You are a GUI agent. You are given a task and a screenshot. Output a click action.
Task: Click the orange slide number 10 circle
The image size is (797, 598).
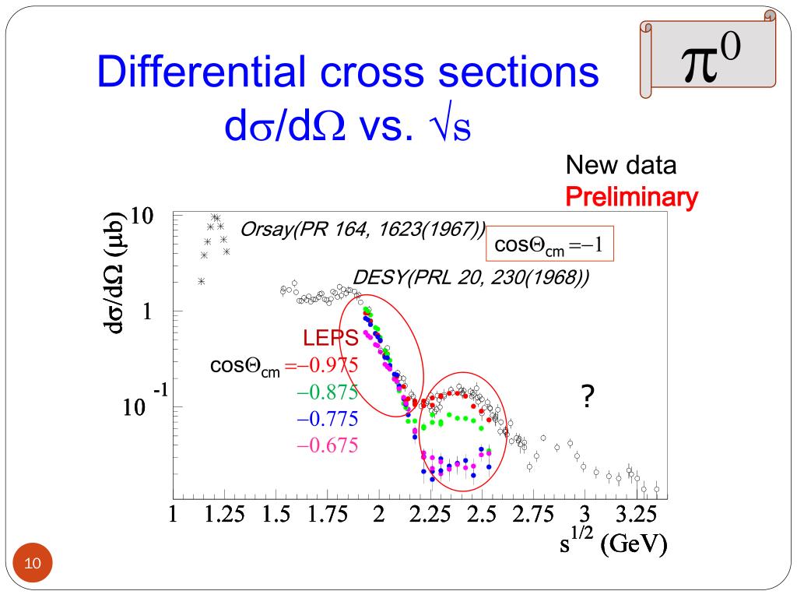click(32, 563)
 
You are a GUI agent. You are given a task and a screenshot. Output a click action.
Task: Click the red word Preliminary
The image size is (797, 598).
click(630, 198)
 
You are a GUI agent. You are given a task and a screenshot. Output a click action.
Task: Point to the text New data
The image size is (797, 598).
click(620, 165)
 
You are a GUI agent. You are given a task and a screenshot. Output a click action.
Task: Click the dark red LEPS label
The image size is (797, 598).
click(330, 338)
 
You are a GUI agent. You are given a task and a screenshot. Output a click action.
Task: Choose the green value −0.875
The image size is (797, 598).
click(327, 392)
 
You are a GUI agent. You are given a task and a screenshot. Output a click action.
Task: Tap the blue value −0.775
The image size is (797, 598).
click(327, 420)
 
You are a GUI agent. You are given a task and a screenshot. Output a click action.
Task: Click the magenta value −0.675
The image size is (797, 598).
click(327, 446)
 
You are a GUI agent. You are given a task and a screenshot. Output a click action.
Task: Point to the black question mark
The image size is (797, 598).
click(588, 398)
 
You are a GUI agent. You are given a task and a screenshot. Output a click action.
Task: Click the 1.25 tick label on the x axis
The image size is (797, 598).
click(224, 515)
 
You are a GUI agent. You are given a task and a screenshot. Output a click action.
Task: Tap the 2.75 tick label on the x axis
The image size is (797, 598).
click(533, 515)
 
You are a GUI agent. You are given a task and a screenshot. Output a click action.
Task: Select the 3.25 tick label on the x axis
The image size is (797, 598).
click(637, 515)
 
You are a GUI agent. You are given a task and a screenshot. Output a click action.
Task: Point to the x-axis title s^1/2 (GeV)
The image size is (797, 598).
click(613, 543)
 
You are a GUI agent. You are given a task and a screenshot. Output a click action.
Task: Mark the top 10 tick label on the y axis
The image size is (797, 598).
click(141, 216)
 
